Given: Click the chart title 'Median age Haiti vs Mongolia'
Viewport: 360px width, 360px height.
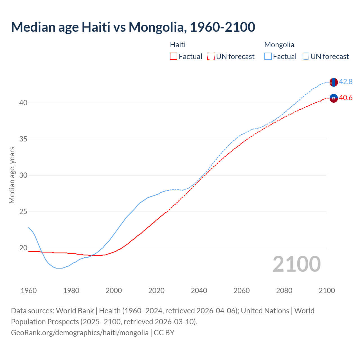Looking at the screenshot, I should [133, 27].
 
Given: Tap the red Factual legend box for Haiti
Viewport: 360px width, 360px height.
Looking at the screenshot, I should [174, 57].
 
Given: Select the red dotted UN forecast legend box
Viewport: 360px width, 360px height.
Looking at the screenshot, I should [211, 57].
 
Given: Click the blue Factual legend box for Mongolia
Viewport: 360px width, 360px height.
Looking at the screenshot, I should [268, 57].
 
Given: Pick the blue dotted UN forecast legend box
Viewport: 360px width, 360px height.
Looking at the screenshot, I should [305, 57].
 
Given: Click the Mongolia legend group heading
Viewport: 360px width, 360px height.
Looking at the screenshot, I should [279, 45].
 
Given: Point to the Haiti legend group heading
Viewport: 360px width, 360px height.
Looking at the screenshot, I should [178, 45].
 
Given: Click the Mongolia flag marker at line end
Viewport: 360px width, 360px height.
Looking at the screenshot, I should [334, 82].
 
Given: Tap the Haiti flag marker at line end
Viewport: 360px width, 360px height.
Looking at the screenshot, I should [334, 98].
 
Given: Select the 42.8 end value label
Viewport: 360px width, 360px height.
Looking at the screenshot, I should [346, 82].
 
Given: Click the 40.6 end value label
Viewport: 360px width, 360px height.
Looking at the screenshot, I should [346, 98].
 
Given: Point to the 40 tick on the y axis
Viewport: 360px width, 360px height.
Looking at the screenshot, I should [23, 103].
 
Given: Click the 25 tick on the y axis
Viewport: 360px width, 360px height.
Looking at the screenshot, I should [23, 211].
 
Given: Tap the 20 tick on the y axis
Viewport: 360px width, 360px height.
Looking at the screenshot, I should [23, 248].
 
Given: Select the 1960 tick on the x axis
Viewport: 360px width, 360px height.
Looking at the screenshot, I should [29, 291].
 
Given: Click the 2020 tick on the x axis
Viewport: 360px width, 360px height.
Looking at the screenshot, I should [156, 291].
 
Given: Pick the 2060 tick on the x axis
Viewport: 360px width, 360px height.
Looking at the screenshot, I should [242, 291].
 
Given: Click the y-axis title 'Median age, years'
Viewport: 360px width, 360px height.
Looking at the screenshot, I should [12, 175].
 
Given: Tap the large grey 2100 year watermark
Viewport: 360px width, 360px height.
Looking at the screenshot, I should [296, 264].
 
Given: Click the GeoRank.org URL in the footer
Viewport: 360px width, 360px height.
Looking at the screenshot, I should [80, 333].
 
